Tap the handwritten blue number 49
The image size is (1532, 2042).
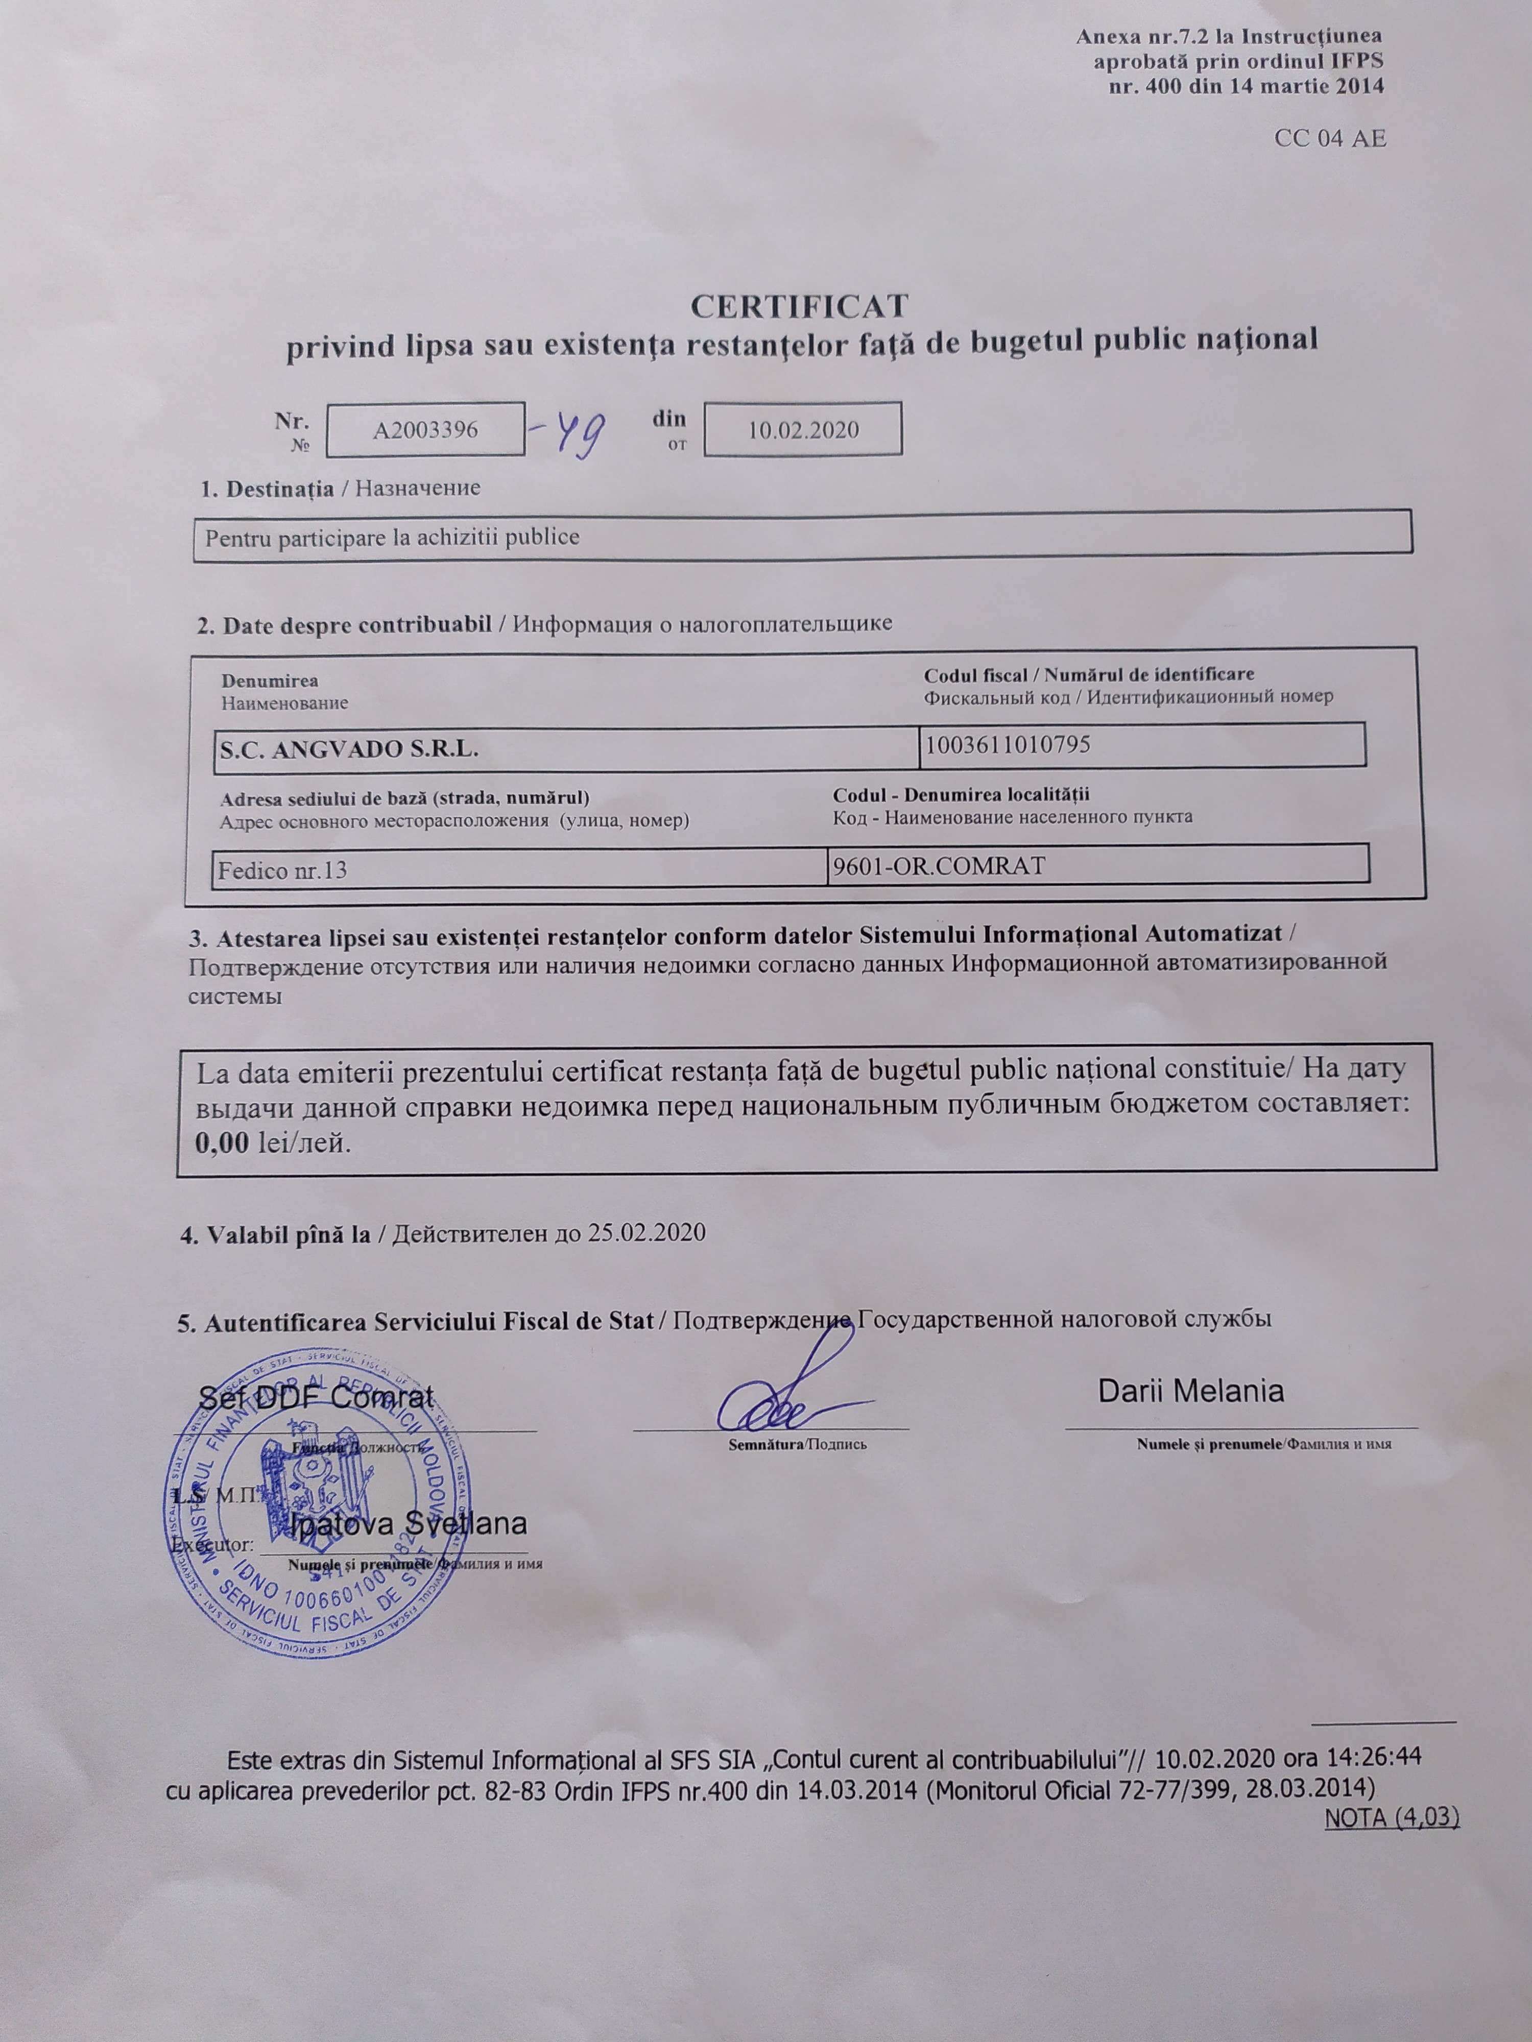(574, 434)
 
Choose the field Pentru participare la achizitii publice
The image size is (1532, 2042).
(393, 537)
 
